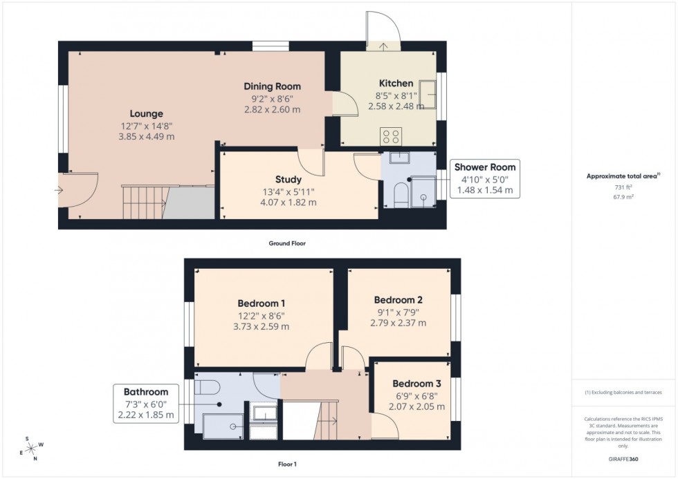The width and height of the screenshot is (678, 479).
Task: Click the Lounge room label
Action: click(x=146, y=114)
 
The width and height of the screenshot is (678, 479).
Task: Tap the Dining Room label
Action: click(x=272, y=86)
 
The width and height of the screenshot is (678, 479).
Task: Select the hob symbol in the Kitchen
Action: click(x=388, y=135)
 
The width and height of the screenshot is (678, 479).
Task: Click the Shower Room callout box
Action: click(x=484, y=179)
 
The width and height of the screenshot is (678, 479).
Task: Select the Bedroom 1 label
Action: click(x=262, y=303)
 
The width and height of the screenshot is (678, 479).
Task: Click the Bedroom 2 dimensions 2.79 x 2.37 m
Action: click(x=398, y=323)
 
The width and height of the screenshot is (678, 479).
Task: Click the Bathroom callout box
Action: click(x=145, y=403)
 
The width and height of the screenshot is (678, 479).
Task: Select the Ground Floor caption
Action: click(x=287, y=243)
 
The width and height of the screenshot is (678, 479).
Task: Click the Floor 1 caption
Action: click(x=286, y=464)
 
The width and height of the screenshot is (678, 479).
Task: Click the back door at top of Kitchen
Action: click(x=383, y=35)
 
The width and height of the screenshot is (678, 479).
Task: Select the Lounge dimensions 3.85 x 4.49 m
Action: click(x=146, y=136)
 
